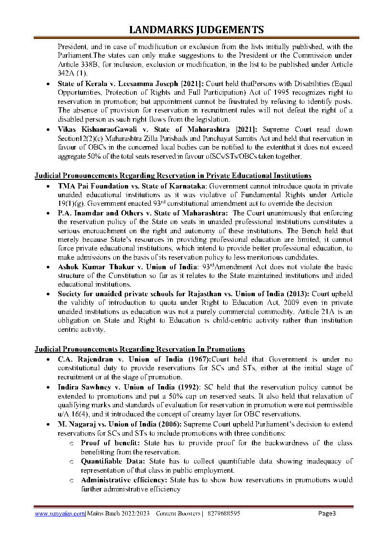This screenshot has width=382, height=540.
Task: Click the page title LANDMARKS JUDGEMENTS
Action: [197, 30]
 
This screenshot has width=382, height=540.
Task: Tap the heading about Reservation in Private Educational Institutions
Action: [173, 176]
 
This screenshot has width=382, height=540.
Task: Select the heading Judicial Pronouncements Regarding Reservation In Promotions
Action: [140, 349]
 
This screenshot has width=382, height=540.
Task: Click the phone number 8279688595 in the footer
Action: [223, 514]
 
